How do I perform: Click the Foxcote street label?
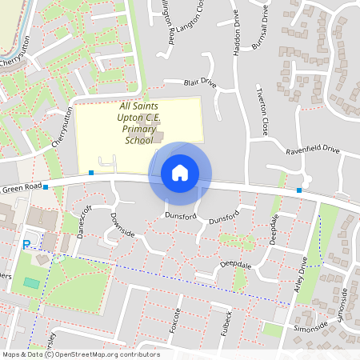point(178,321)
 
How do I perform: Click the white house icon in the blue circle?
point(180,172)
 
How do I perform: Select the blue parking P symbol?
point(26,245)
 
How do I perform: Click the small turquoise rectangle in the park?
point(30,282)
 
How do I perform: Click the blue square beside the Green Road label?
point(46,186)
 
